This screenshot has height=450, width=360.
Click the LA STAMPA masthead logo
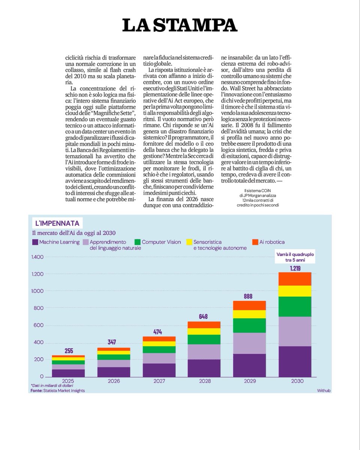[180, 25]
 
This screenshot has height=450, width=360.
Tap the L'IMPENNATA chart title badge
[57, 223]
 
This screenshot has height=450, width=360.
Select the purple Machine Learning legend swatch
[35, 242]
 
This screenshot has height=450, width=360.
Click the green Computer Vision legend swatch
[137, 242]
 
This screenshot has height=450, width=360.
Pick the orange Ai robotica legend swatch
[255, 242]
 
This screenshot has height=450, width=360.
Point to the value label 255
[69, 351]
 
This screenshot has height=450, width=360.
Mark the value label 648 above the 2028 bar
[204, 317]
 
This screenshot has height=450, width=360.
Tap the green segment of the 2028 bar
[204, 339]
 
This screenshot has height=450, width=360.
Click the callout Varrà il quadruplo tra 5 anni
[295, 257]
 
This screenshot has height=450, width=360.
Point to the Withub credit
[323, 391]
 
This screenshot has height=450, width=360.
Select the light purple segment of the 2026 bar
[114, 363]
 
